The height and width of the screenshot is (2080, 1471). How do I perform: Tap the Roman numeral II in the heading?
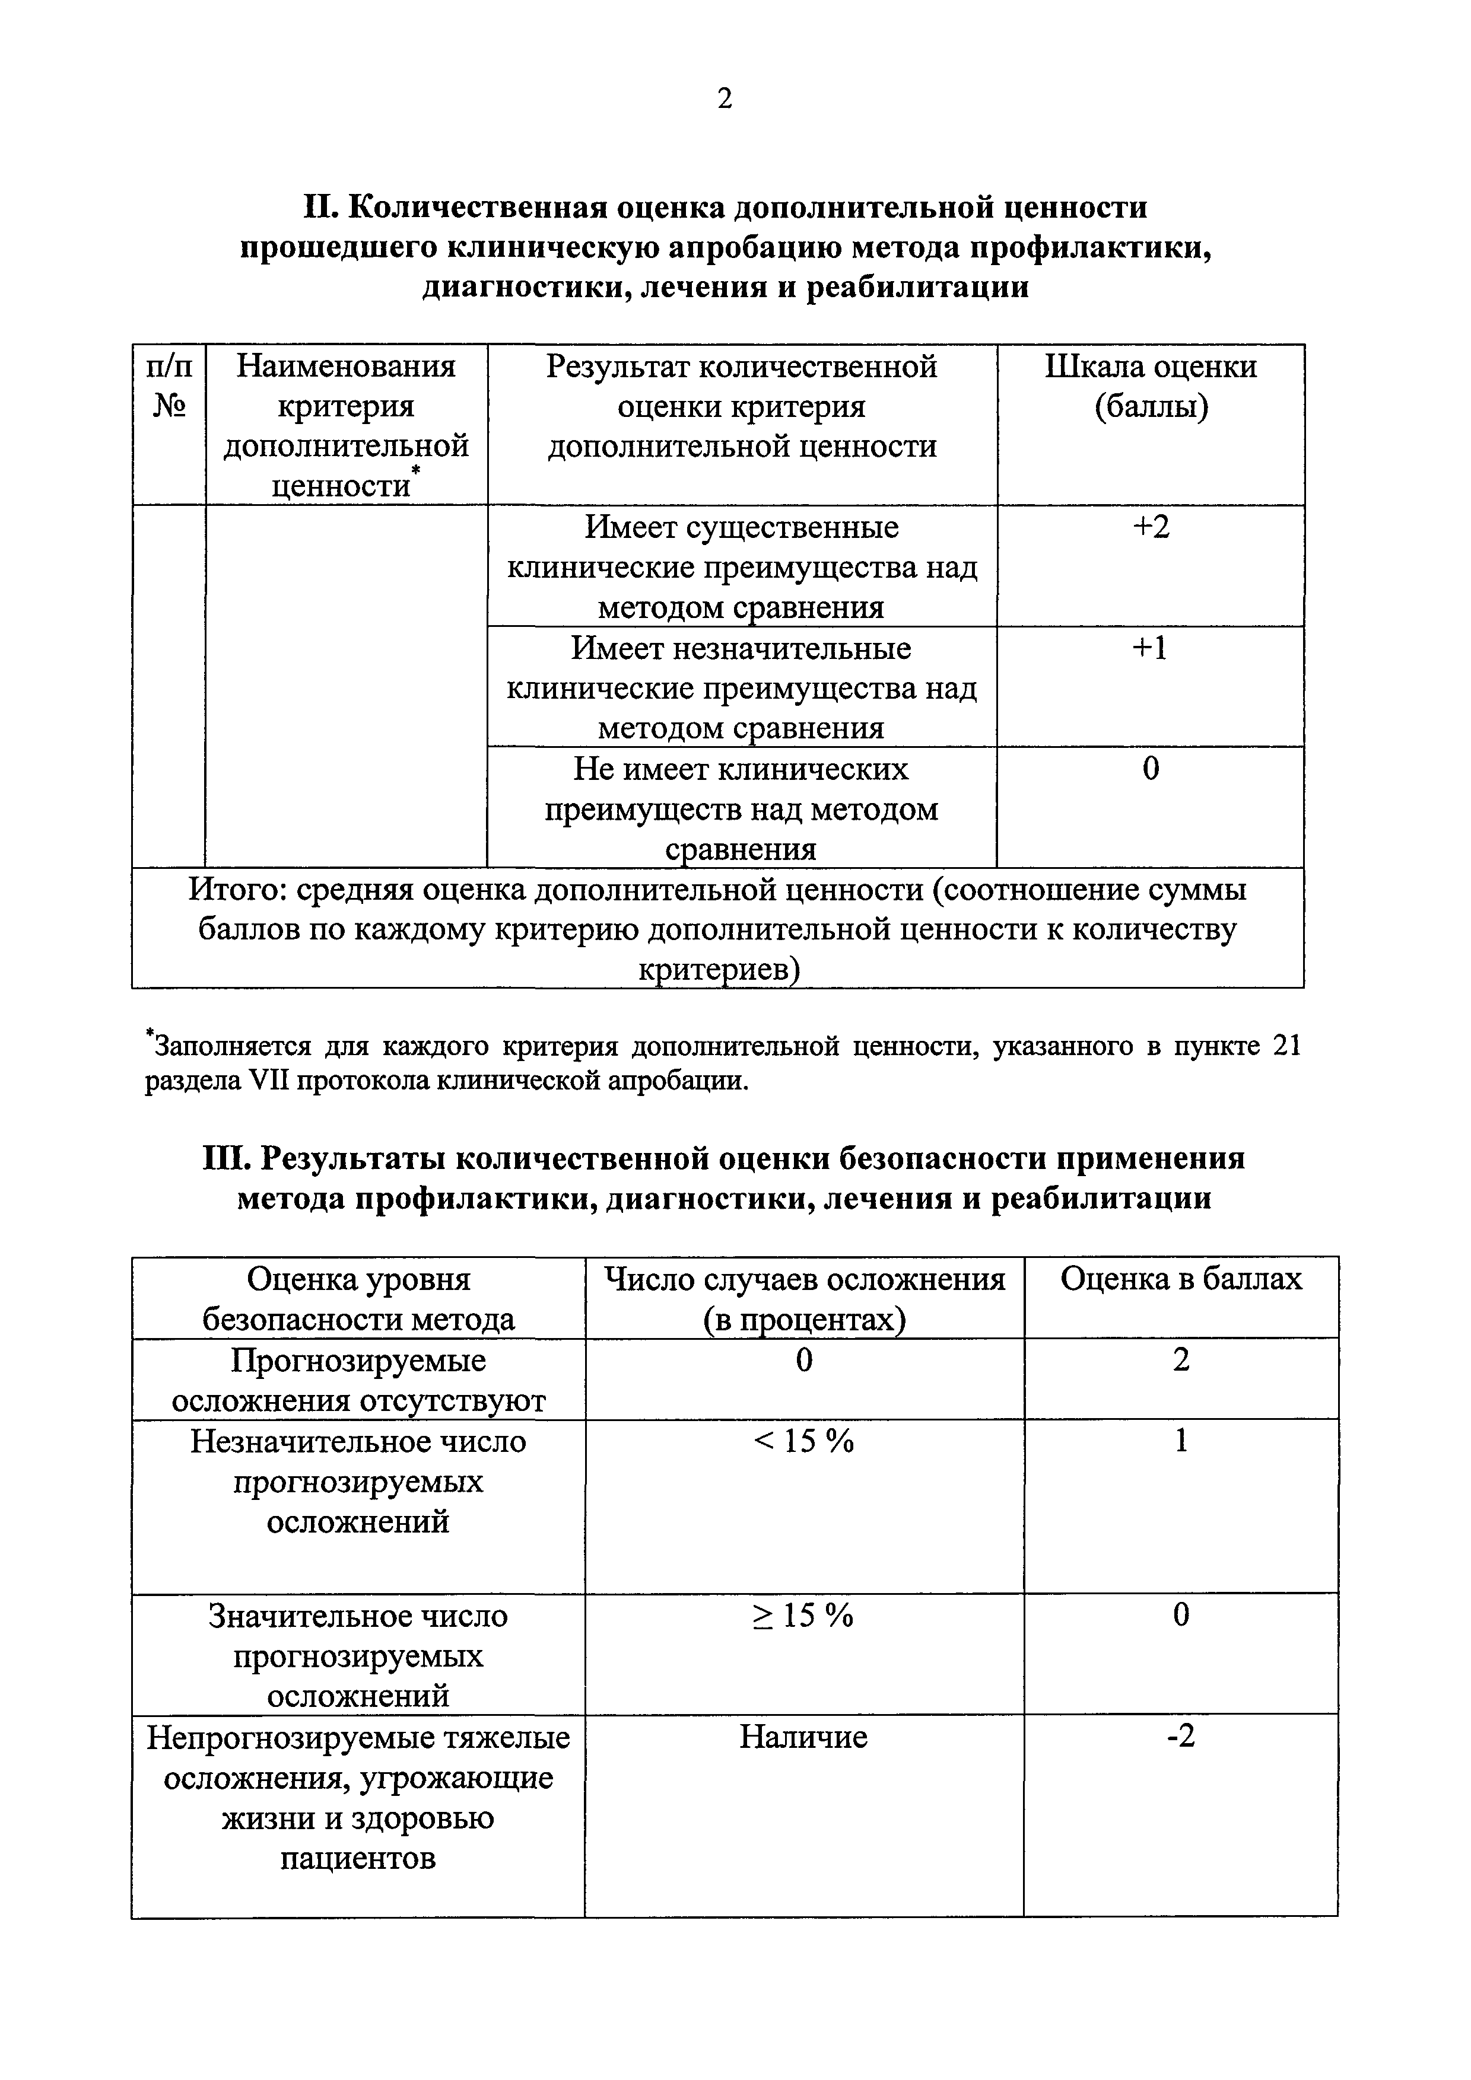click(x=320, y=208)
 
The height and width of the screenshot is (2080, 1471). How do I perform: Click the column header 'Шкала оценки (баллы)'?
click(x=1150, y=387)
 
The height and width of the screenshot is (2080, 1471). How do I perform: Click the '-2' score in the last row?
click(x=1180, y=1737)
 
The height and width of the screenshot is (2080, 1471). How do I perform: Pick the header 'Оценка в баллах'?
click(x=1180, y=1279)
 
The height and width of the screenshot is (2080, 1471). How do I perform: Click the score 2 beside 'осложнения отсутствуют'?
click(x=1180, y=1360)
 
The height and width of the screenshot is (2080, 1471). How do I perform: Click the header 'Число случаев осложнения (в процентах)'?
click(x=804, y=1299)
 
